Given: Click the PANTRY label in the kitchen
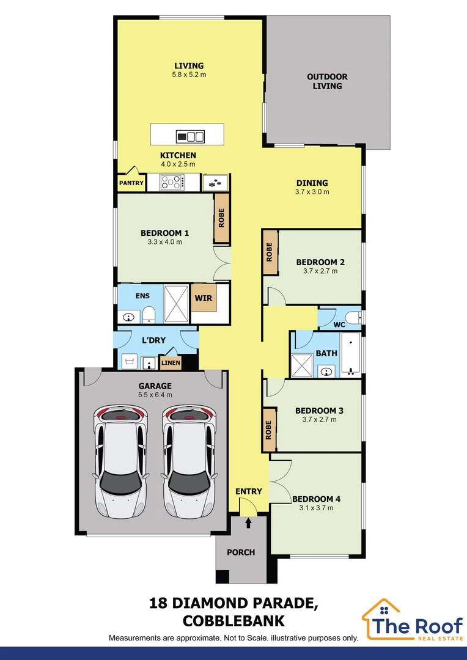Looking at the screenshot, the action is tap(131, 183).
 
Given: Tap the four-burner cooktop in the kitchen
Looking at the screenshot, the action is tap(172, 182).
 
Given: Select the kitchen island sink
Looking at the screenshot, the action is tap(190, 136).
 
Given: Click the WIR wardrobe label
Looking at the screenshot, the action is tap(204, 298).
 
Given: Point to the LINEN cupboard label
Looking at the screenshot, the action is tap(170, 363).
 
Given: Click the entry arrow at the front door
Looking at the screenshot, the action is tap(248, 522).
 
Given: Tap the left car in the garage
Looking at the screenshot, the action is tap(120, 461).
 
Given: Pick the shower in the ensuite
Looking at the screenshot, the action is tap(176, 304).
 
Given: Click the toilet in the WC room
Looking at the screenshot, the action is tap(353, 317).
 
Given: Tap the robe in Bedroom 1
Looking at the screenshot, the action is tap(221, 218).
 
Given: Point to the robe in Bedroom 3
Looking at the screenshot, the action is tap(269, 430).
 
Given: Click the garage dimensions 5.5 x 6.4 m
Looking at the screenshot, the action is tap(155, 395).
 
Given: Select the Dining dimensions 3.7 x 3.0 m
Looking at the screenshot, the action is tap(312, 192).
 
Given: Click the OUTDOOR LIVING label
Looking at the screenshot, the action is tap(327, 81).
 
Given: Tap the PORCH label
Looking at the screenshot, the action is tap(241, 552).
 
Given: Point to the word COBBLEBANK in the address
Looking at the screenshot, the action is tap(233, 621).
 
